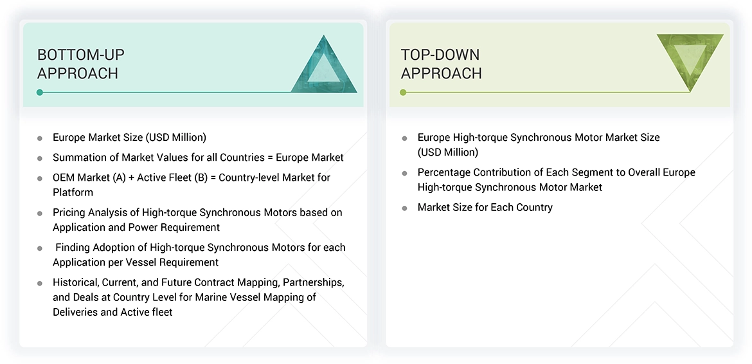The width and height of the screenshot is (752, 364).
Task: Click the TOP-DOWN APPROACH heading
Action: [441, 64]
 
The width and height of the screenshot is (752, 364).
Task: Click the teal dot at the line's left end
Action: [40, 93]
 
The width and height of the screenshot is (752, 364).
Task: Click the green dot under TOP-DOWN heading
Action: [403, 93]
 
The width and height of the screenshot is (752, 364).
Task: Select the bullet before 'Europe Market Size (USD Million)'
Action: [40, 138]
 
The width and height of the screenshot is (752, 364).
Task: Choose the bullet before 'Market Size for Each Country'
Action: [404, 208]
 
